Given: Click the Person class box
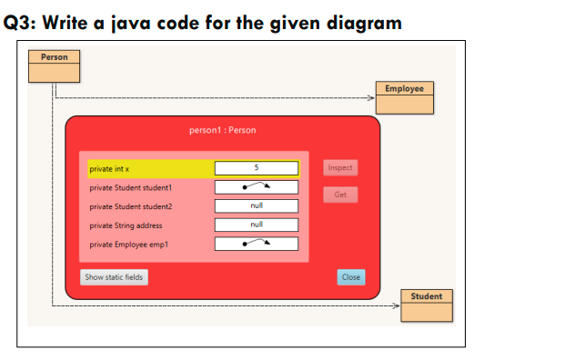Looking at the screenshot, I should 54,66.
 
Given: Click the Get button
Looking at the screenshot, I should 340,195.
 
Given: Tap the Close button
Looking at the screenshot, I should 350,276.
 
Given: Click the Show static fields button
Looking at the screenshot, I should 114,276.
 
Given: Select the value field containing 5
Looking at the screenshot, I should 256,168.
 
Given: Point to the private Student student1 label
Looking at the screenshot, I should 130,187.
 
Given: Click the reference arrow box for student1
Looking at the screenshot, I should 256,187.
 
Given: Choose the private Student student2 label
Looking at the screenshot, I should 130,206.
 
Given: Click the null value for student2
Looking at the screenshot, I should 256,206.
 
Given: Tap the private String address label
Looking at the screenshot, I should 126,225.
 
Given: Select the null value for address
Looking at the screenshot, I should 256,225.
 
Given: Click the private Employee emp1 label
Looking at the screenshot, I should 129,244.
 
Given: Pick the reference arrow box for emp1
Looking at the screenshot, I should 256,244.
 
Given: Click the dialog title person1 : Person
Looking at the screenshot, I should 222,130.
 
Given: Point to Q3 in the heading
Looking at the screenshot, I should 24,22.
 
